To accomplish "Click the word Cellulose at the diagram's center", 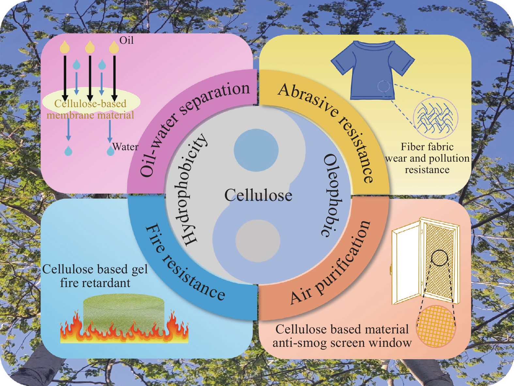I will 258,195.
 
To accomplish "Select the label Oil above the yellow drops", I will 127,40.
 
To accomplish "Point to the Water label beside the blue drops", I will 125,147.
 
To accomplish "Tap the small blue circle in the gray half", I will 256,151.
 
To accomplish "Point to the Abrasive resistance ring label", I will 330,127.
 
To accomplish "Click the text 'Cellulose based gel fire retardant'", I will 95,276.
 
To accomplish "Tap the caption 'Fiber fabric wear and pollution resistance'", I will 427,158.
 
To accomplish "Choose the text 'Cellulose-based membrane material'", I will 90,109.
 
